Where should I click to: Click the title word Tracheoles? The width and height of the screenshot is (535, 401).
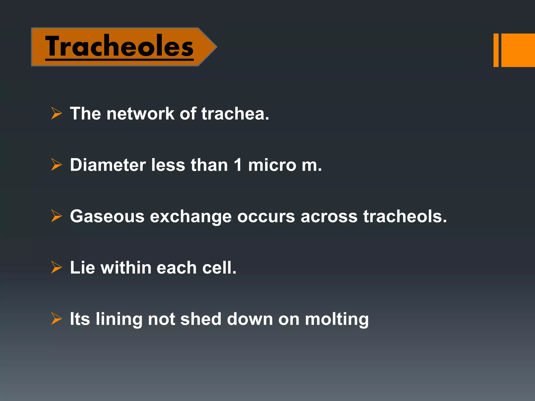click(119, 46)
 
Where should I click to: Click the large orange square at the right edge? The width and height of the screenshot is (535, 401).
click(518, 50)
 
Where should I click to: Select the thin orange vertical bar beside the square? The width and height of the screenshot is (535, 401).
click(496, 50)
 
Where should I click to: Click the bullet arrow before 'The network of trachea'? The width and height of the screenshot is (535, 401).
click(56, 113)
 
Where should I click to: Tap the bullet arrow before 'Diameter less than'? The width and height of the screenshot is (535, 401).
click(56, 165)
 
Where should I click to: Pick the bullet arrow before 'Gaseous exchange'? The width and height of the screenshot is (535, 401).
click(56, 216)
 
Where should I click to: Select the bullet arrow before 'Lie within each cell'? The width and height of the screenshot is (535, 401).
click(56, 267)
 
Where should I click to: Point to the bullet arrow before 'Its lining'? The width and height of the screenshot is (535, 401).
click(56, 319)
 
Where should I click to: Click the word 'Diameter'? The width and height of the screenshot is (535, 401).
click(108, 165)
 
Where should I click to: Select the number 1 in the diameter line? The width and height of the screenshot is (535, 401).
click(238, 165)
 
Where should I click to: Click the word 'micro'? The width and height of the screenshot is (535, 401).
click(272, 165)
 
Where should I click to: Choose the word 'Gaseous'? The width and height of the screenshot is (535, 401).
click(107, 216)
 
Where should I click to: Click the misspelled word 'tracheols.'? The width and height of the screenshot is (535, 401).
click(405, 216)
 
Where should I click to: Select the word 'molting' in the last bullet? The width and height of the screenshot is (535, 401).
click(337, 319)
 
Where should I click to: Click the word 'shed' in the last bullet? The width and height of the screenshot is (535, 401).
click(201, 319)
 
